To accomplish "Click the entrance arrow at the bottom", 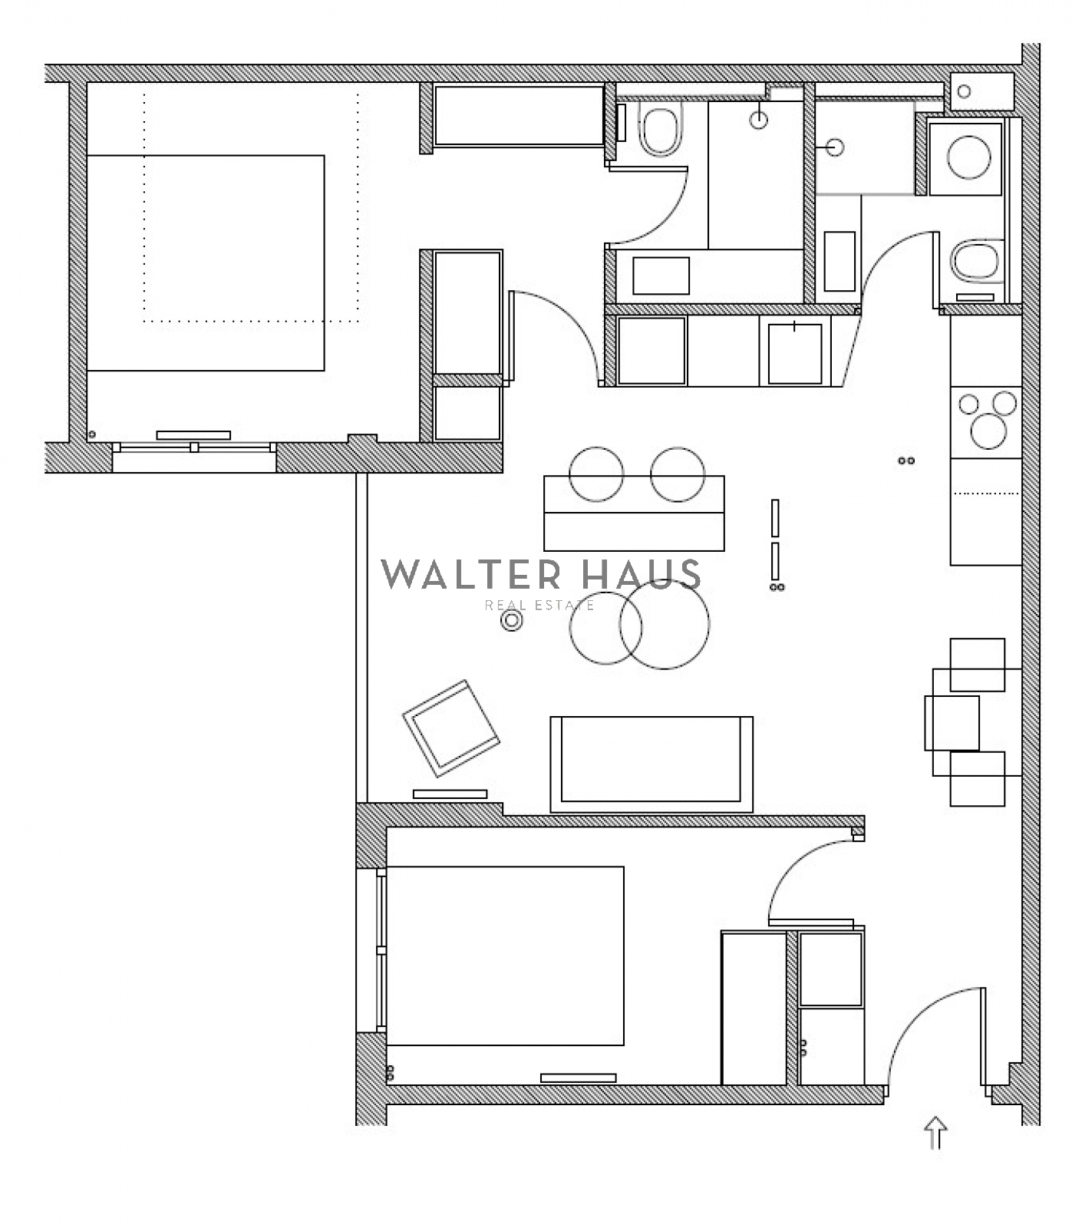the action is pyautogui.click(x=935, y=1132).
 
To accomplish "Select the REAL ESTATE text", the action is pyautogui.click(x=539, y=606).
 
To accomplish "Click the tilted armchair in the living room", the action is pyautogui.click(x=451, y=728).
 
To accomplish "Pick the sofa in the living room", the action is pyautogui.click(x=652, y=764).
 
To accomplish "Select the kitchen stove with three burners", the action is pyautogui.click(x=986, y=422).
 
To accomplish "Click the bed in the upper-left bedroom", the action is pyautogui.click(x=206, y=262).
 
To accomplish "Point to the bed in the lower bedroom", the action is pyautogui.click(x=505, y=956).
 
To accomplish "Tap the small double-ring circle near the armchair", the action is pyautogui.click(x=512, y=621).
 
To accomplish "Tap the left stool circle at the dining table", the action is pyautogui.click(x=596, y=474).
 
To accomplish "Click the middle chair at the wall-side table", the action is pyautogui.click(x=952, y=723).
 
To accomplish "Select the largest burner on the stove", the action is pyautogui.click(x=988, y=431).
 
